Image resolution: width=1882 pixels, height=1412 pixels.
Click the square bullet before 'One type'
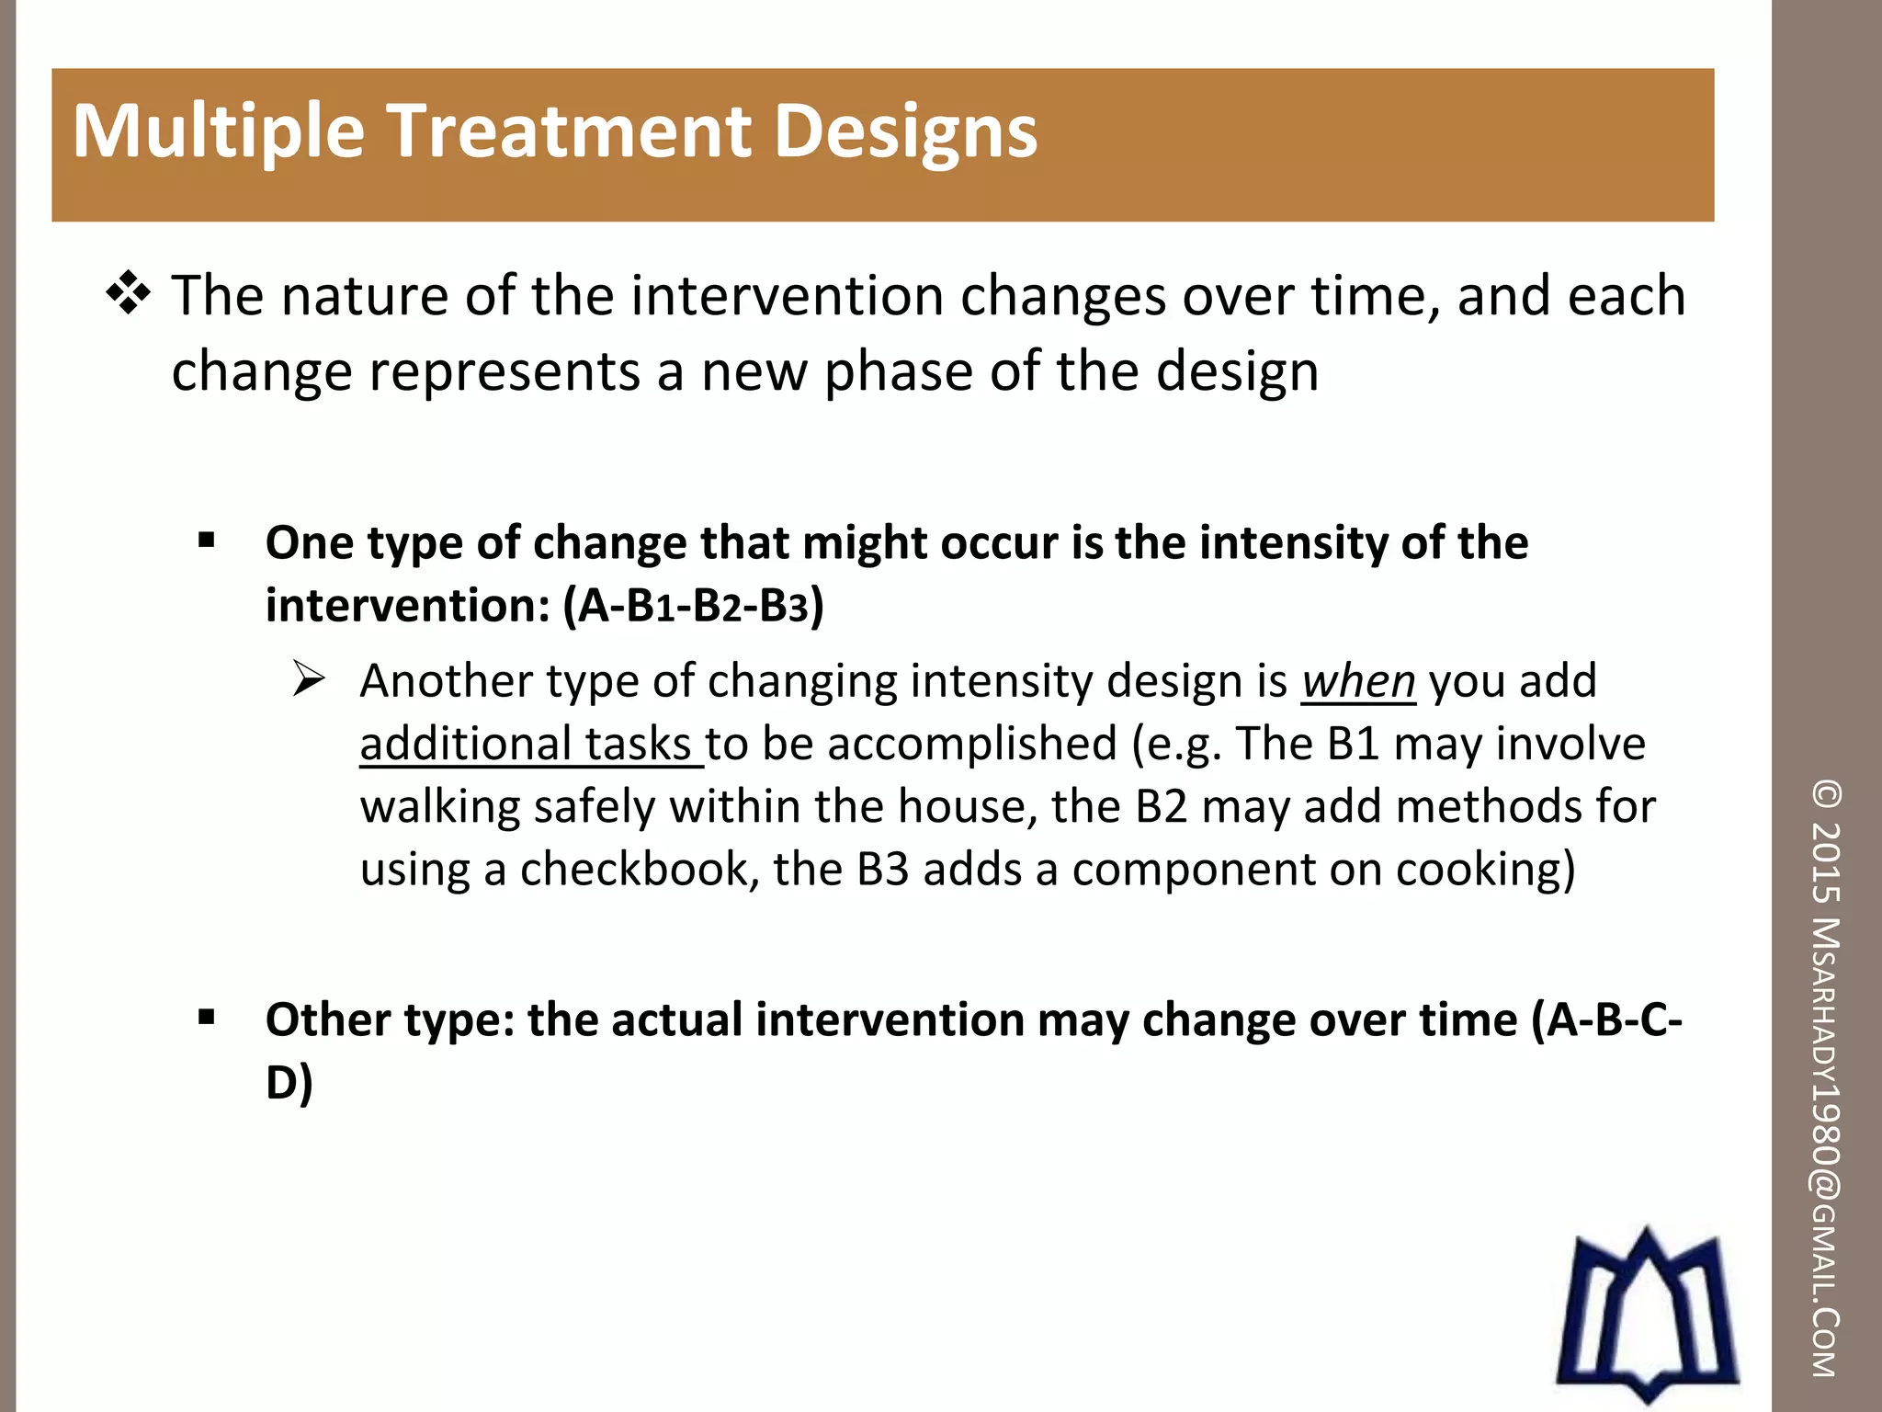point(206,540)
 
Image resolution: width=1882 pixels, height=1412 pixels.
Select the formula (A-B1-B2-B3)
point(693,606)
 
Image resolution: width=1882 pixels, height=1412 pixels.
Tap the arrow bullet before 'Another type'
point(309,679)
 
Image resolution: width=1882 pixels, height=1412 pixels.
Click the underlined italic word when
point(1357,681)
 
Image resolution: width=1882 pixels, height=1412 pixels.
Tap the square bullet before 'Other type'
point(206,1017)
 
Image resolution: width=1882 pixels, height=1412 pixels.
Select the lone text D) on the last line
point(289,1082)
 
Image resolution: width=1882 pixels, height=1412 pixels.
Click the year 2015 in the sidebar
point(1827,861)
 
